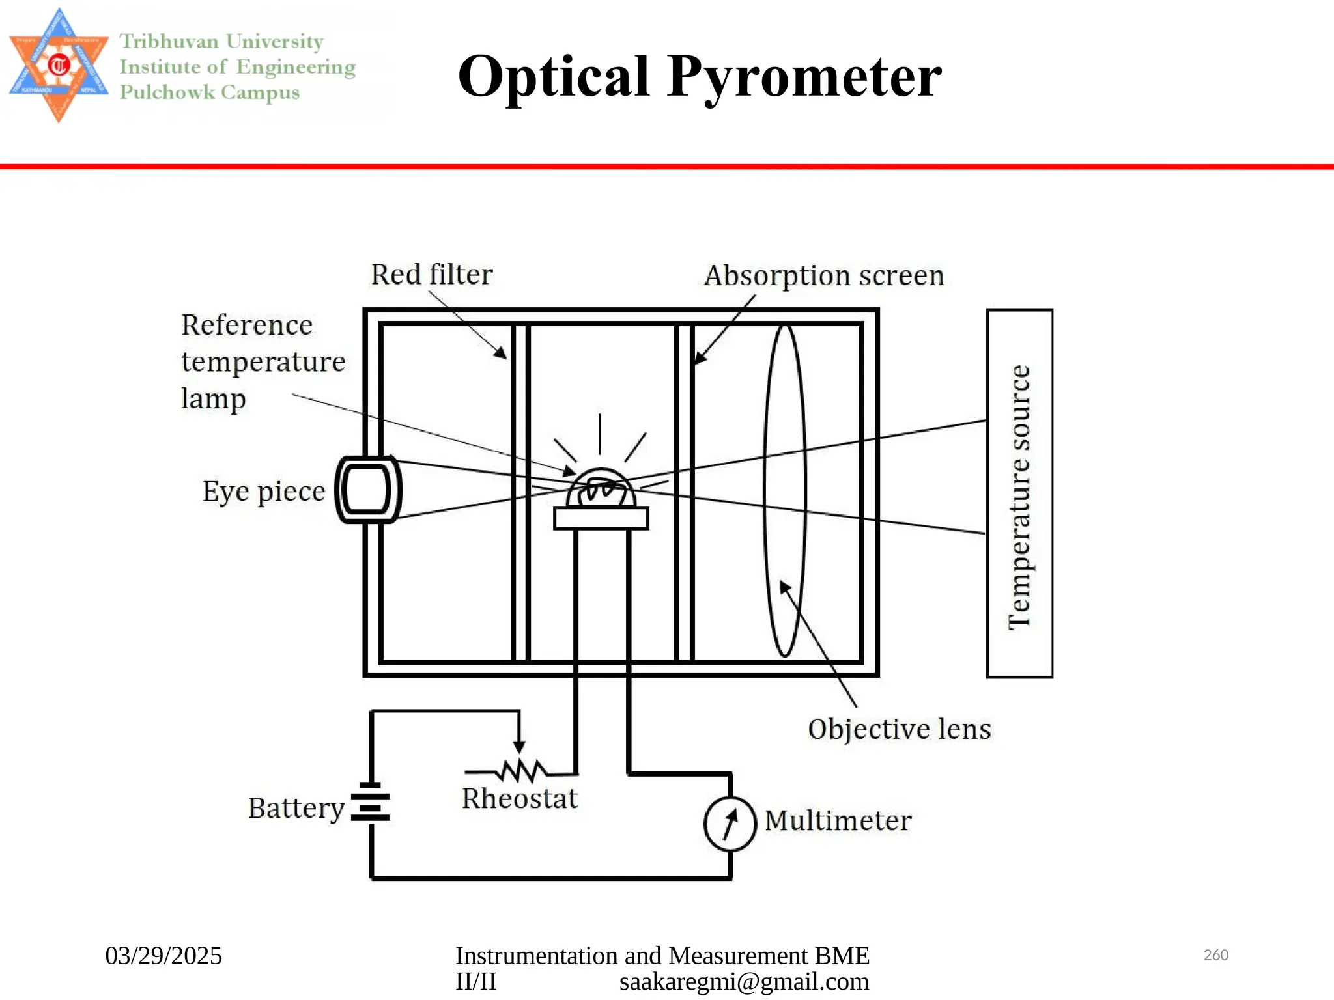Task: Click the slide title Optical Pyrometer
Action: [x=700, y=77]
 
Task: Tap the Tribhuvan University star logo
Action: [x=59, y=65]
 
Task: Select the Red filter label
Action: [x=431, y=275]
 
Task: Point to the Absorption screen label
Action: [x=823, y=276]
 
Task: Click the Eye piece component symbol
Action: [x=368, y=490]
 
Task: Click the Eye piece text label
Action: [x=263, y=492]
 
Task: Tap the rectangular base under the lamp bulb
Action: [x=601, y=518]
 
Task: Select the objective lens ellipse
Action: [x=785, y=492]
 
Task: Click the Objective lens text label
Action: [x=899, y=729]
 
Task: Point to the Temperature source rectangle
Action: [x=1019, y=493]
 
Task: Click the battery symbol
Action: [x=371, y=802]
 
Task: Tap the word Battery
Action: [x=296, y=809]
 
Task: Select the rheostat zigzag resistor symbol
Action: [x=521, y=771]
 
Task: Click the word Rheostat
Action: [x=519, y=799]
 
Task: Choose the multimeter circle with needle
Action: [x=730, y=824]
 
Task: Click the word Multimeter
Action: [x=838, y=821]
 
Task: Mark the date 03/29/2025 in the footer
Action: [x=163, y=956]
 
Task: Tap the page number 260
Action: [x=1215, y=955]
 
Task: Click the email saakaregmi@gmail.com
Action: [x=744, y=982]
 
